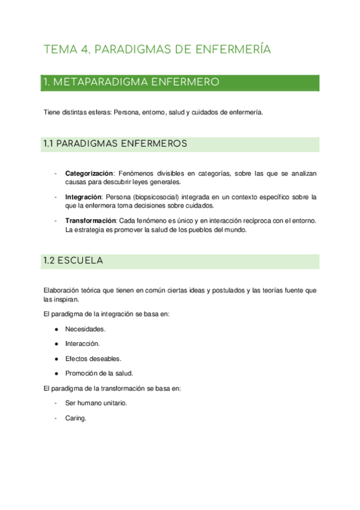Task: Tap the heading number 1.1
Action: click(x=49, y=144)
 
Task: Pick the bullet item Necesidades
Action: click(x=85, y=329)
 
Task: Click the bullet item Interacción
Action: click(x=82, y=344)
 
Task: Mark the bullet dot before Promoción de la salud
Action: click(x=56, y=373)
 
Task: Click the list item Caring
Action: click(x=76, y=418)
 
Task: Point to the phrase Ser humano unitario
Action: click(x=96, y=403)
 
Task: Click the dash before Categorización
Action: click(x=55, y=173)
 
